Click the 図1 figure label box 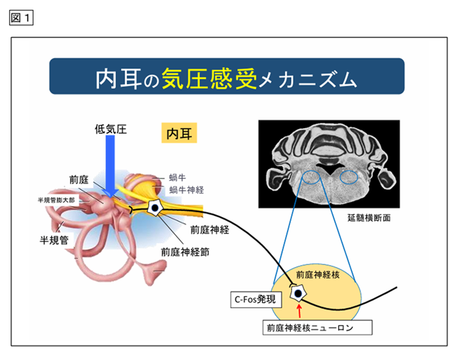[21, 18]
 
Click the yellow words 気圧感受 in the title [209, 79]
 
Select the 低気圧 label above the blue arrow [111, 129]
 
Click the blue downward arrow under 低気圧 [111, 166]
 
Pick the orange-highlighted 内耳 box [179, 132]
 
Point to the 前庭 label [79, 180]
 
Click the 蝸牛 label [178, 178]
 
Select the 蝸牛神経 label [186, 190]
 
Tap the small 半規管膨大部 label [56, 200]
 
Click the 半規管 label [54, 240]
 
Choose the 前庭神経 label [209, 229]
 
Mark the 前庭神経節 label [185, 252]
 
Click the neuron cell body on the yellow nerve [155, 208]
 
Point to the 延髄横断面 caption [368, 218]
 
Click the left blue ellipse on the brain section [311, 178]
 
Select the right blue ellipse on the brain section [348, 178]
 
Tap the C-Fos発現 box [256, 300]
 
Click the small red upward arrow [299, 310]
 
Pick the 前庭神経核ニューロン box [317, 328]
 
